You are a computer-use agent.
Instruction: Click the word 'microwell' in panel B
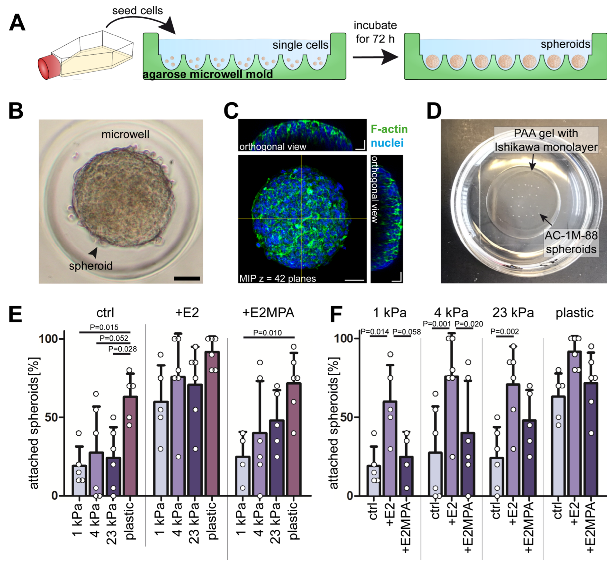tap(125, 134)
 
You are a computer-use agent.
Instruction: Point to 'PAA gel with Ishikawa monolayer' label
tap(546, 140)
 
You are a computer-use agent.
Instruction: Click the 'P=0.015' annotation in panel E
tap(104, 327)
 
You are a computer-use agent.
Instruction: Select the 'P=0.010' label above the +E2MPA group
tap(267, 333)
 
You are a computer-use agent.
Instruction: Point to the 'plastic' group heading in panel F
tap(574, 313)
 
